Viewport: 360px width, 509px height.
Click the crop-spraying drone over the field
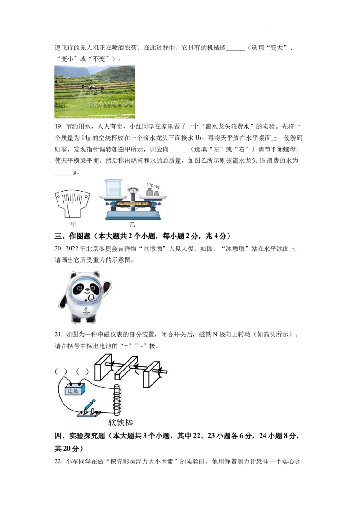pyautogui.click(x=92, y=89)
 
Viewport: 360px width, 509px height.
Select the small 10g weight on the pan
pyautogui.click(x=157, y=193)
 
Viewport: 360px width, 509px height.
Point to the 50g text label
pyautogui.click(x=150, y=184)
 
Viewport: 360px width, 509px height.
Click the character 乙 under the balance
pyautogui.click(x=132, y=224)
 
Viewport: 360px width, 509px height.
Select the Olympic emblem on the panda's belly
pyautogui.click(x=85, y=311)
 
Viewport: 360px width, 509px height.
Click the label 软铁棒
pyautogui.click(x=121, y=423)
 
